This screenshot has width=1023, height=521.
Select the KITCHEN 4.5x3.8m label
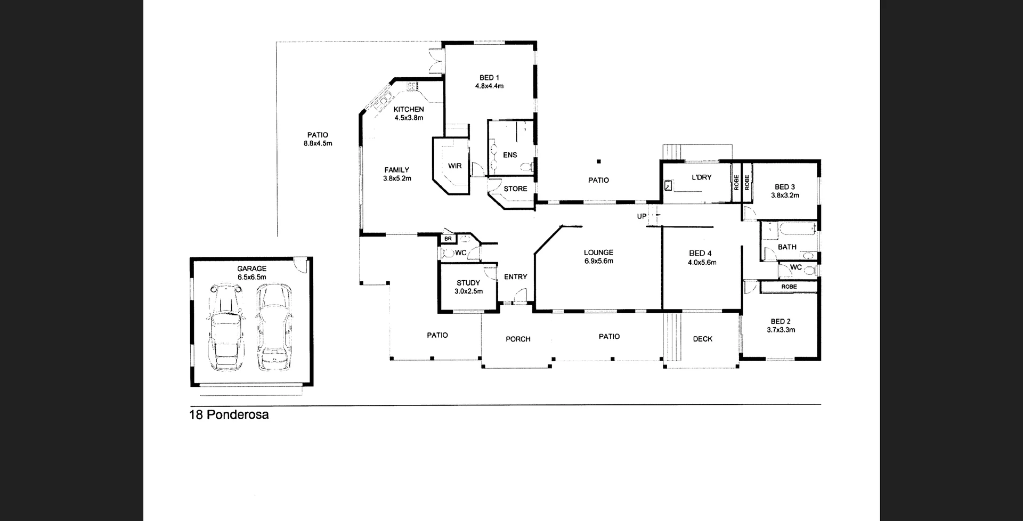409,113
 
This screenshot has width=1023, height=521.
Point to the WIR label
454,166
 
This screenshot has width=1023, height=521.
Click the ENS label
510,155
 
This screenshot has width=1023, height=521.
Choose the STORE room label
515,189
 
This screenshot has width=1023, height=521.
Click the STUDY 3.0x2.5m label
468,287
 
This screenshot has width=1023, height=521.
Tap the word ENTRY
515,277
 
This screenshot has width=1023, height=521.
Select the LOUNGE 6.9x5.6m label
598,257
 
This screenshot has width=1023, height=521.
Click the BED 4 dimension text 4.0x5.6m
702,262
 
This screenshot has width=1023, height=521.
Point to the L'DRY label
701,177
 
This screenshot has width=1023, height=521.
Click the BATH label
787,247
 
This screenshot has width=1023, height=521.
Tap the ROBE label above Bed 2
789,287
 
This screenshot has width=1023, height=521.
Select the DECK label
702,339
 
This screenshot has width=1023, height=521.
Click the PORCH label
518,339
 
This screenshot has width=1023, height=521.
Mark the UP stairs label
642,216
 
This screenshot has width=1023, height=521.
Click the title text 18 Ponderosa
229,414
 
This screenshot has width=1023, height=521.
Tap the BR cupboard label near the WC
448,239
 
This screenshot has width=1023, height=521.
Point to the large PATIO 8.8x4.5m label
318,139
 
